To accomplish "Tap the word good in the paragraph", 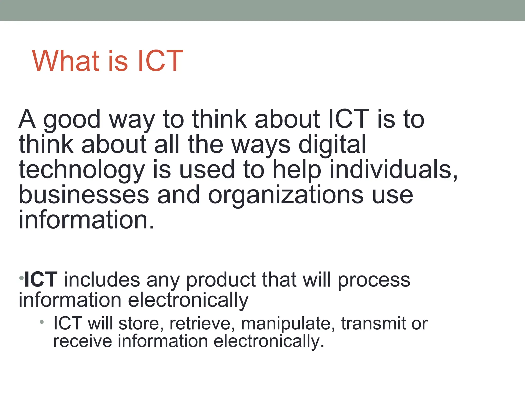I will [x=72, y=120].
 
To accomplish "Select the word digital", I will [x=332, y=145].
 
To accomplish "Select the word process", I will [x=374, y=280].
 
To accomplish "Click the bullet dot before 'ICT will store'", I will [x=42, y=322].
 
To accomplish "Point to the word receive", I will [x=83, y=341].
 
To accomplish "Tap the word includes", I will [x=102, y=280].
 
